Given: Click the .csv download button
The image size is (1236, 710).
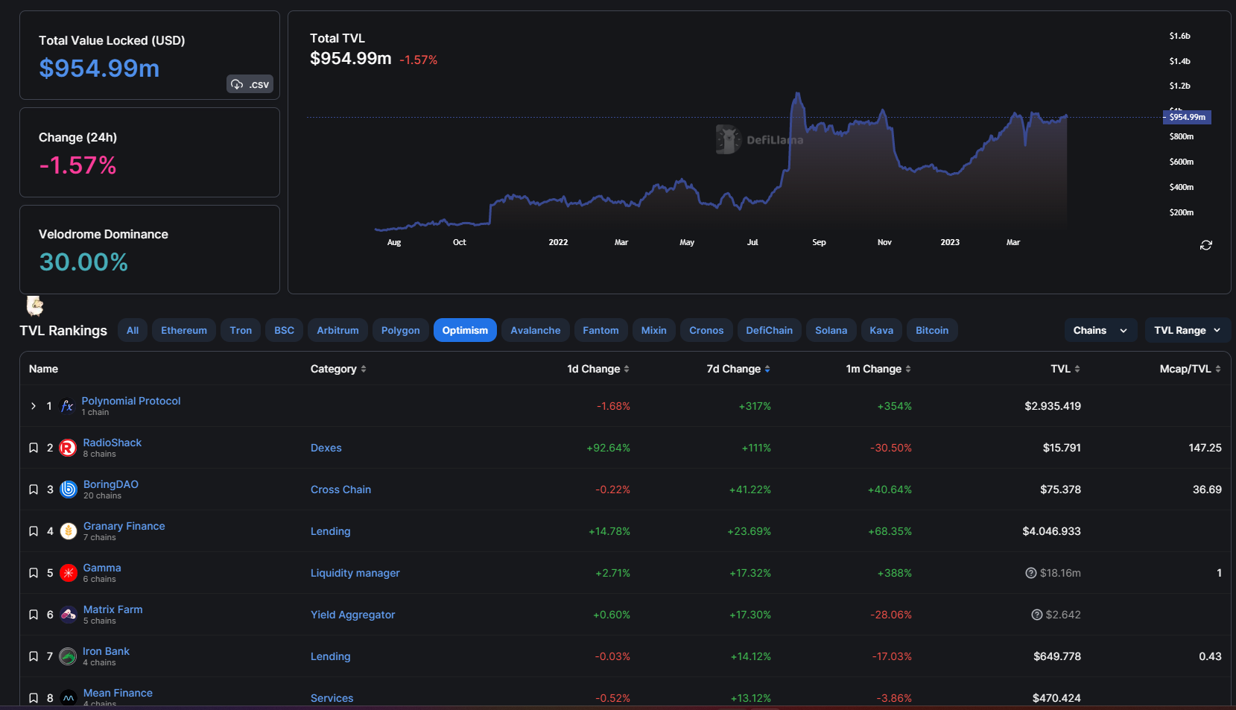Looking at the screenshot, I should [x=250, y=84].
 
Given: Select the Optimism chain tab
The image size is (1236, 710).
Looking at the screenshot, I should [x=465, y=330].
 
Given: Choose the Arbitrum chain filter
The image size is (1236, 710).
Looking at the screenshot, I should [x=337, y=330].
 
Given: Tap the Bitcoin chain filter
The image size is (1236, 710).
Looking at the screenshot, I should [x=931, y=330].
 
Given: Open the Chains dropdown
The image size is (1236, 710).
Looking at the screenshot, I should [x=1100, y=330].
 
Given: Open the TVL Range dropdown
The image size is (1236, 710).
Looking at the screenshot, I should [x=1187, y=330].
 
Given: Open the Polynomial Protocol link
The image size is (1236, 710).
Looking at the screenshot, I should [x=131, y=401].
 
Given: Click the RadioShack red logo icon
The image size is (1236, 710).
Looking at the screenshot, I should [x=68, y=448].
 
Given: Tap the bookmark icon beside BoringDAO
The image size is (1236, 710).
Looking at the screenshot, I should [x=34, y=489].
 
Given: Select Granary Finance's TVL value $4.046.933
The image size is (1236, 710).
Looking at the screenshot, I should [x=1051, y=531].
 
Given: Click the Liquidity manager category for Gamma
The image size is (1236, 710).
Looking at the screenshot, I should [x=355, y=573].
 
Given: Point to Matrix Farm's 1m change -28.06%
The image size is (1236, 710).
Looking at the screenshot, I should [x=891, y=615].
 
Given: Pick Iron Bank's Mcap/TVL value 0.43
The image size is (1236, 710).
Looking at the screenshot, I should [x=1210, y=656].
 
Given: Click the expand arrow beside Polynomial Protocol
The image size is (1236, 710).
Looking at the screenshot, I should [x=34, y=406].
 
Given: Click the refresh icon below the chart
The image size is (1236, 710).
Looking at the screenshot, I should [x=1206, y=245].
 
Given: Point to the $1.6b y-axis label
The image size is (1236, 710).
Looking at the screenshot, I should [x=1179, y=36].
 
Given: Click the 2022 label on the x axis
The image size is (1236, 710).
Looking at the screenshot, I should [x=558, y=242].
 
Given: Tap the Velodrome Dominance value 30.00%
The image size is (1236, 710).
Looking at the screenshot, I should [x=83, y=262].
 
